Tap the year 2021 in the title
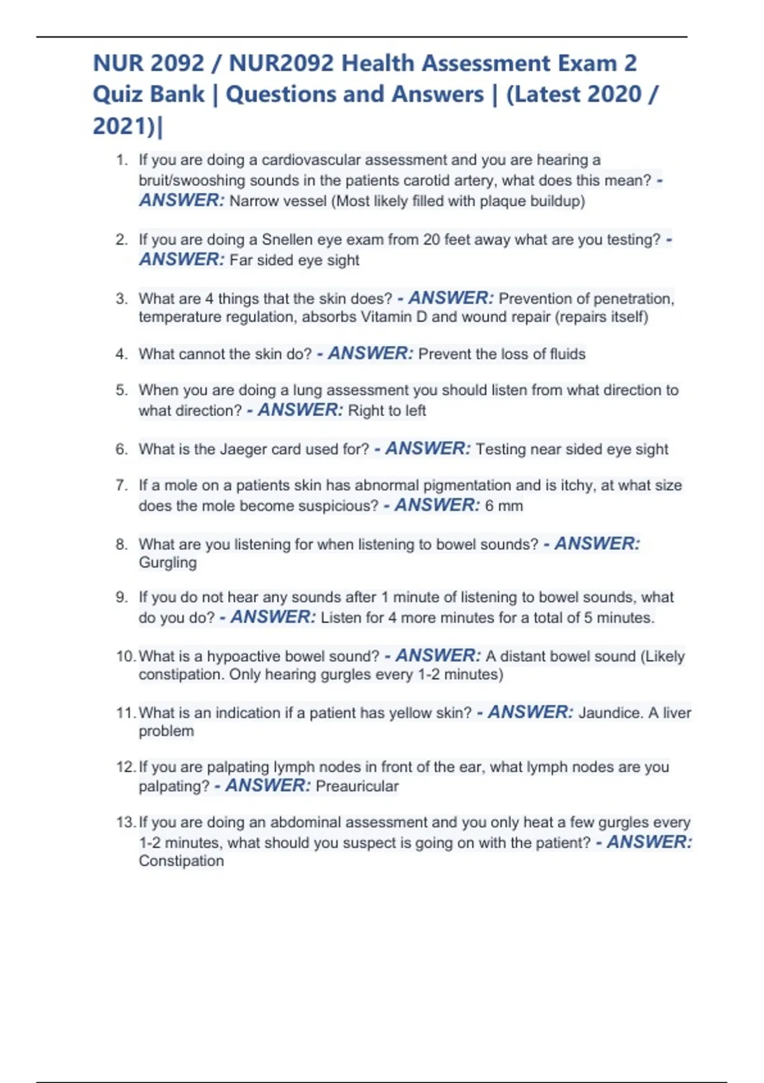click(x=118, y=126)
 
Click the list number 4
click(x=121, y=354)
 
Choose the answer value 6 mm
click(x=504, y=506)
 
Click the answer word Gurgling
click(x=167, y=563)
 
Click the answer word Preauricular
click(x=357, y=786)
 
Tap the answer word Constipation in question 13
click(x=181, y=861)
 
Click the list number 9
click(x=121, y=598)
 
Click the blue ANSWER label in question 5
click(x=300, y=410)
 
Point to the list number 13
click(x=125, y=822)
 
